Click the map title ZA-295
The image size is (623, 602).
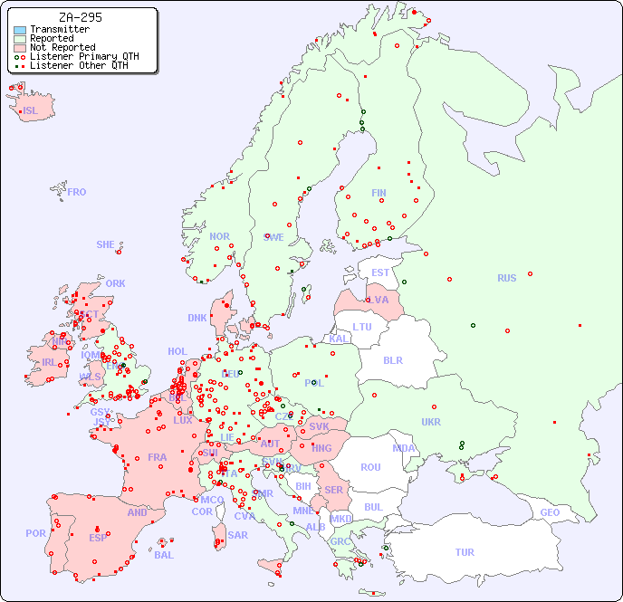80,17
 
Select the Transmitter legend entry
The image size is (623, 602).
59,29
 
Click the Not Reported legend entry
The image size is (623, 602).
62,47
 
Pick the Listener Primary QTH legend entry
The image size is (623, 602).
84,56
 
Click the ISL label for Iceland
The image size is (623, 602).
31,111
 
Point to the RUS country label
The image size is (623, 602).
506,278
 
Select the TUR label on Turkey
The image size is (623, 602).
465,552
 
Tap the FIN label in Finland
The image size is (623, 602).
379,193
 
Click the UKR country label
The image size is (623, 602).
431,422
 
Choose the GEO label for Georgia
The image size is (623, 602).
550,512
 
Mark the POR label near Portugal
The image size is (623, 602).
35,533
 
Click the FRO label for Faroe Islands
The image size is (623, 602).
77,192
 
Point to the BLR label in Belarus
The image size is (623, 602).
393,360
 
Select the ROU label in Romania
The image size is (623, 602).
370,467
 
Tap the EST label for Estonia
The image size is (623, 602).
380,272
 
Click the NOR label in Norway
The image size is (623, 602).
219,236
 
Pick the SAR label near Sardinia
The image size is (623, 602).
238,535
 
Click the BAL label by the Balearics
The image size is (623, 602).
164,555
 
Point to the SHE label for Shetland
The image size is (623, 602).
106,244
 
